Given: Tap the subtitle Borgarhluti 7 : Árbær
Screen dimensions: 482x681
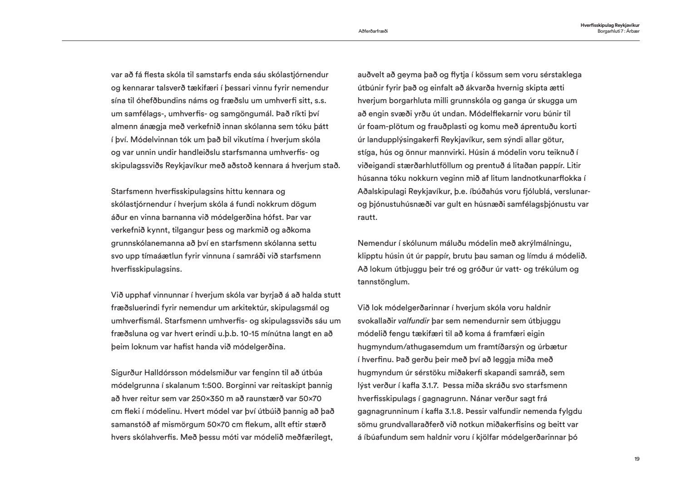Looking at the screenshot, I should [x=618, y=31].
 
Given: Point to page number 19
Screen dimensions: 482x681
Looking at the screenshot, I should [x=637, y=459].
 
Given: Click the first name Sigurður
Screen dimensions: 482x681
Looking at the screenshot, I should [x=126, y=373].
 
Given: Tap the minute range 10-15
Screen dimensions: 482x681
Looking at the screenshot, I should [x=250, y=334].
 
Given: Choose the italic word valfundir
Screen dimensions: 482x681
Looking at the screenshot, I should [x=414, y=321].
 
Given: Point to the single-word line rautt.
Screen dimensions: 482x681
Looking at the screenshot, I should [x=367, y=217].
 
